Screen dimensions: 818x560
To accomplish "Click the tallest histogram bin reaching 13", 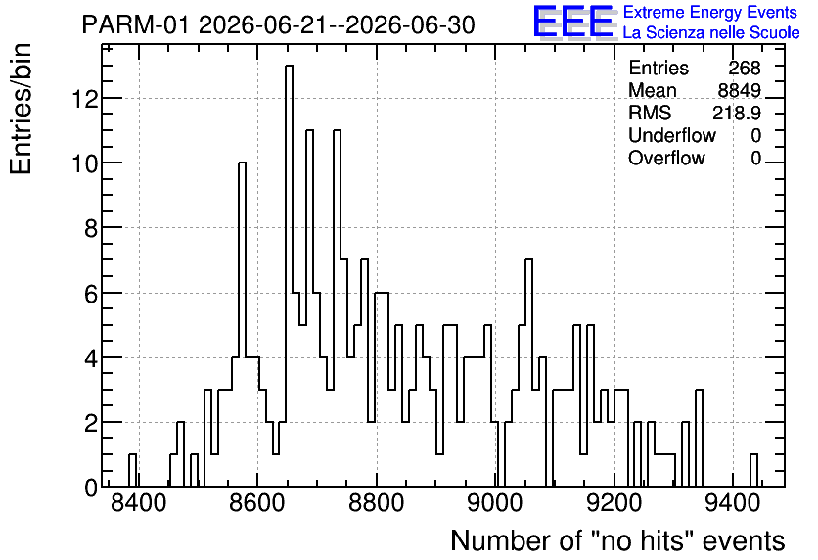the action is (289, 275).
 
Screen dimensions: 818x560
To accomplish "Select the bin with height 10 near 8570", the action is (242, 324).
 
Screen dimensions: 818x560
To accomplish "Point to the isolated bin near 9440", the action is (753, 470).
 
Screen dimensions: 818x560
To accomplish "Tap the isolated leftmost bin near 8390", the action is (132, 470).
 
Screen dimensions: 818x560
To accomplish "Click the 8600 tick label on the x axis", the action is (257, 504).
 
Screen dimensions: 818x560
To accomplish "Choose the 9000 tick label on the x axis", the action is (495, 504).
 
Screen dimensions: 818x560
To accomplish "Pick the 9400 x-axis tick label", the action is (733, 504).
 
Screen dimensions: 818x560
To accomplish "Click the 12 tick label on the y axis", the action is (85, 98).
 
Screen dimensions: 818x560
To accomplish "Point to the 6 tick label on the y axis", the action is (91, 293).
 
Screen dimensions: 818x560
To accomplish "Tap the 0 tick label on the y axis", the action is (91, 488).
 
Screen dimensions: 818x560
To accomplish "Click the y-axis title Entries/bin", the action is (22, 109).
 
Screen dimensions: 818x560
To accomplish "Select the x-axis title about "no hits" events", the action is (617, 540).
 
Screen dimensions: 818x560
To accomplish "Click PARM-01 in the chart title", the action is (135, 25).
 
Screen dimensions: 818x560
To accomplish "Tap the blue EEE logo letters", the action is (573, 22).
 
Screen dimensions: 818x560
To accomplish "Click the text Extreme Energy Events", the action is (710, 12).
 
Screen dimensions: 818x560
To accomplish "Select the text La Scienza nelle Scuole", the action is (711, 33).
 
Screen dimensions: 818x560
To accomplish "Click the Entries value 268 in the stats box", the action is (745, 68).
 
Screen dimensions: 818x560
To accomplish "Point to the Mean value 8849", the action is (739, 90).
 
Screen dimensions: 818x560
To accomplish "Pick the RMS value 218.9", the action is (737, 113).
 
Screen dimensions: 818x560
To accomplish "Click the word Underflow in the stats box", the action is (672, 135).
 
